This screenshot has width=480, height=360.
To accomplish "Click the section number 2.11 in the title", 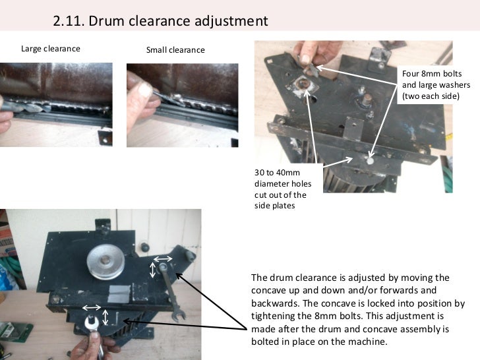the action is click(x=69, y=21).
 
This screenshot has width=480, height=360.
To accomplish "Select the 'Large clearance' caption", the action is click(x=51, y=49).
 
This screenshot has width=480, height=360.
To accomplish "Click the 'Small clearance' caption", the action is click(x=175, y=50).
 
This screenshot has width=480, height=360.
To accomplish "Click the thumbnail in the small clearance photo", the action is click(x=144, y=90).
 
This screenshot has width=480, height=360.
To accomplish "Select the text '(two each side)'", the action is click(x=431, y=96).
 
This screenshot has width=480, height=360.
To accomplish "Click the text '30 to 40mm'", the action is click(x=277, y=173).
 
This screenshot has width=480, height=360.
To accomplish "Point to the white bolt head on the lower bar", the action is click(x=371, y=160).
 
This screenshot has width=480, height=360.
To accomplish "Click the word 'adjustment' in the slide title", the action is click(x=231, y=21).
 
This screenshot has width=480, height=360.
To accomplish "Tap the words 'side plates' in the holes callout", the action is click(x=274, y=206).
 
